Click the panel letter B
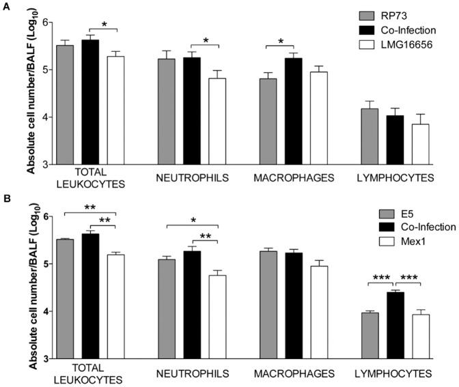7,201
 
